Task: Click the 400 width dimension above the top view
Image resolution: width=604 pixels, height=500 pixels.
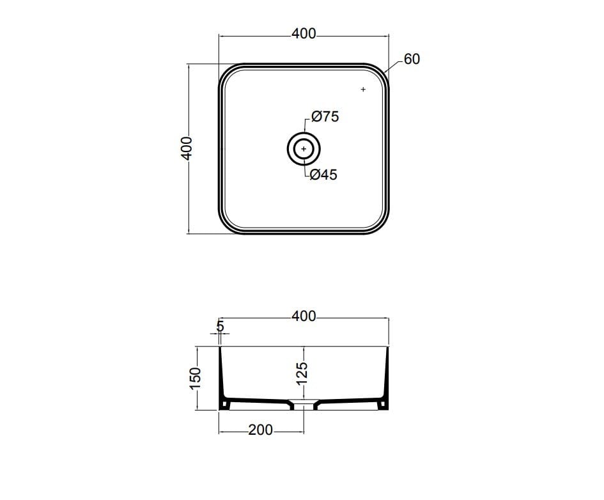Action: coord(304,34)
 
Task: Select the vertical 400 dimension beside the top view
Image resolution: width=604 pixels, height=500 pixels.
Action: coord(187,148)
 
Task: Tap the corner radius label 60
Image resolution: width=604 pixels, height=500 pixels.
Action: coord(412,59)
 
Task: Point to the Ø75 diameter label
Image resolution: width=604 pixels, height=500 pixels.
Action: coord(325,116)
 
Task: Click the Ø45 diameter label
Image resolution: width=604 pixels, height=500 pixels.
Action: coord(323,175)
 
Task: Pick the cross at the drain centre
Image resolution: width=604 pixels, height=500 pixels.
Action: coord(304,149)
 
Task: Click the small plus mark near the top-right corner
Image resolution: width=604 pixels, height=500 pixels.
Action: coord(363,90)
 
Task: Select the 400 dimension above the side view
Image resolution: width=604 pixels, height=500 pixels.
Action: coord(304,316)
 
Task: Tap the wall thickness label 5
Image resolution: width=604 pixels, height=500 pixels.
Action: coord(220,326)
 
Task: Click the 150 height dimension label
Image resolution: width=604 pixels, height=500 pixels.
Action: coord(196,379)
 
